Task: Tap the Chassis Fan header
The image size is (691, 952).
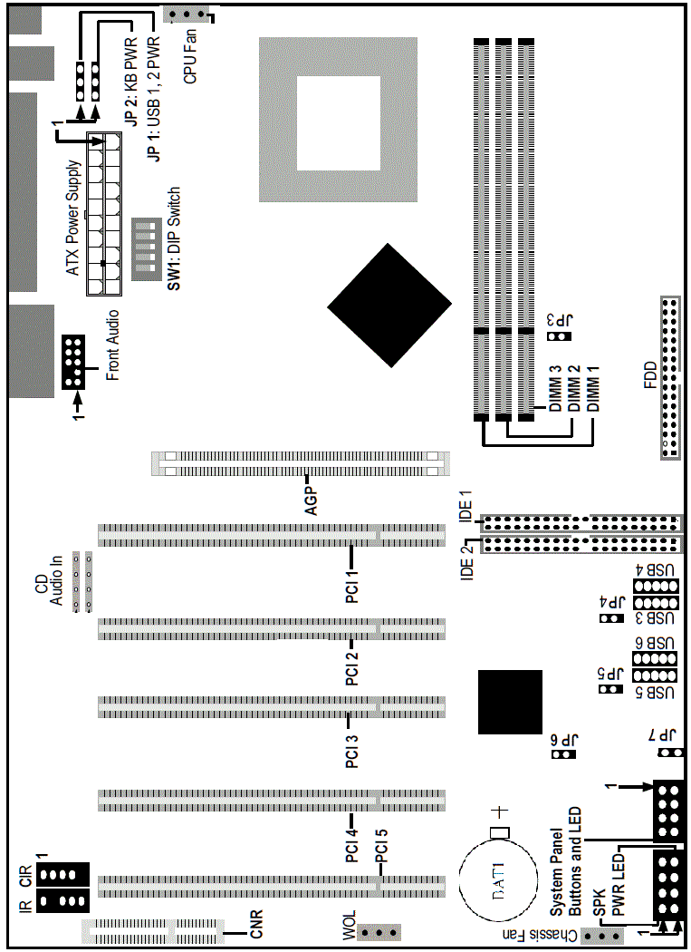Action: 603,936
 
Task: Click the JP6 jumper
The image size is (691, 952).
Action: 564,753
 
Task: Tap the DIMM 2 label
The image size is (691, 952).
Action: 573,389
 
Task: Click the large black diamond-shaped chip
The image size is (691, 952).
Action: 389,305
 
